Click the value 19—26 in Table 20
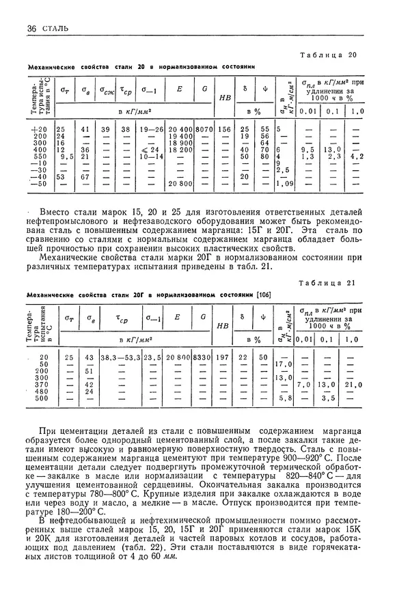[x=150, y=129]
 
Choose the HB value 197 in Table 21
[x=221, y=357]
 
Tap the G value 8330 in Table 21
[x=202, y=357]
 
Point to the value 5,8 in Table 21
[x=288, y=398]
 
